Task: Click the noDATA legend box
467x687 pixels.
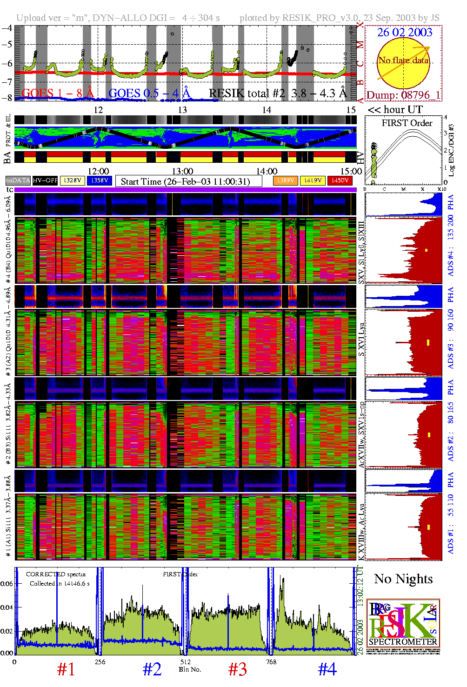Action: click(18, 180)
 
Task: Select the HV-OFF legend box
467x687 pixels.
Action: click(45, 180)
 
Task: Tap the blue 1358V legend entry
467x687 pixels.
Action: click(100, 180)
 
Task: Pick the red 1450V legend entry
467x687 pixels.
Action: click(340, 180)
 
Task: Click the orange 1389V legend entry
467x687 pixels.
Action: click(285, 180)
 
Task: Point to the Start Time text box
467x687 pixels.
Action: click(188, 181)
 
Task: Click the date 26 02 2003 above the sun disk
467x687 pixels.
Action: click(404, 33)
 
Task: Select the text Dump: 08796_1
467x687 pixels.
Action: click(403, 95)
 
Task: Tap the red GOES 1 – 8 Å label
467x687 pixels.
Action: click(58, 93)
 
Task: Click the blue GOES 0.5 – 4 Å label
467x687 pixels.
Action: click(149, 93)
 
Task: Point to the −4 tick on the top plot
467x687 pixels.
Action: click(7, 27)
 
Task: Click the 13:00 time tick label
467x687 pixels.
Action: click(182, 172)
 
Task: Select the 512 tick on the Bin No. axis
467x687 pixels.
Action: click(186, 661)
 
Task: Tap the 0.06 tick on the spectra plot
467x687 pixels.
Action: click(7, 583)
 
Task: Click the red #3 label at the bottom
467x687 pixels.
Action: click(237, 670)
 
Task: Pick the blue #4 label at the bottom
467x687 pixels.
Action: click(327, 670)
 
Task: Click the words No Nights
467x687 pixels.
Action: click(403, 579)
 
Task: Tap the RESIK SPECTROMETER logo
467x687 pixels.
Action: click(403, 623)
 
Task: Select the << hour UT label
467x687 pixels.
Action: click(395, 110)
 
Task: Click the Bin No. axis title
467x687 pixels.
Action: click(190, 669)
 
